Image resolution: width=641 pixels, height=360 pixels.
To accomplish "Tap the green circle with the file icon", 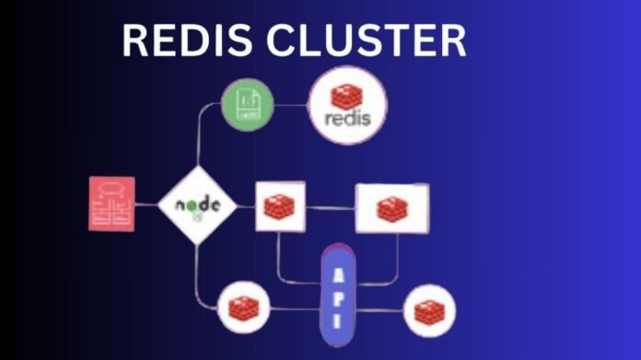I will [x=249, y=104].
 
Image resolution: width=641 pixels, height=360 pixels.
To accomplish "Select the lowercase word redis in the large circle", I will [x=347, y=120].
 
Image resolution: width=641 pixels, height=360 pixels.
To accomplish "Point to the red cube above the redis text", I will [x=347, y=95].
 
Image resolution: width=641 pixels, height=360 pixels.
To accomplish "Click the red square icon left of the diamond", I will [x=112, y=203].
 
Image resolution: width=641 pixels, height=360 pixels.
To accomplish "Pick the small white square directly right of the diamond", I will [x=279, y=206].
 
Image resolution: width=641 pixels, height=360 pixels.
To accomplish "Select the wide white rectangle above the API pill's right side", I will [x=391, y=208].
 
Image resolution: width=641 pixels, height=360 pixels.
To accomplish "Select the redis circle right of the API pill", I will [x=430, y=311].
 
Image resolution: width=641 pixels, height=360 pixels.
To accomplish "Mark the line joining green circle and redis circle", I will [x=291, y=104].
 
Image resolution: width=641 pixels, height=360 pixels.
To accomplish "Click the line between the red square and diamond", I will [x=146, y=204].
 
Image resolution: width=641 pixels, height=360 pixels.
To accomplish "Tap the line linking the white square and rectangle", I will [x=330, y=207].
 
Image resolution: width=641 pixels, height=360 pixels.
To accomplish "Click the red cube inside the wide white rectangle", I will [x=391, y=209].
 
